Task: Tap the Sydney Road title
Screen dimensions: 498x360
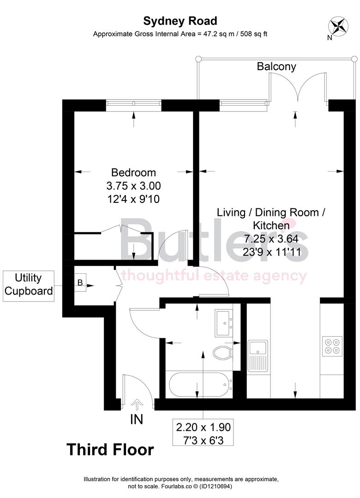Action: tap(180, 21)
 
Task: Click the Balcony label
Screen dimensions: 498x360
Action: tap(276, 66)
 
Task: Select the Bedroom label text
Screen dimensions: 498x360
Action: tap(133, 172)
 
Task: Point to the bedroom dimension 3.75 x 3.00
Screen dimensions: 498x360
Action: tap(133, 186)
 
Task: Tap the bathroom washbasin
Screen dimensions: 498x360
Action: tap(224, 323)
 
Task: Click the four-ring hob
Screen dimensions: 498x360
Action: tap(332, 345)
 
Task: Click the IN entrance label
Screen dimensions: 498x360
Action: tap(137, 419)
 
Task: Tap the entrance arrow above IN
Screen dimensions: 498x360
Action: tap(137, 404)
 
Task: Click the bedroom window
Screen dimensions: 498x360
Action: tap(134, 103)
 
